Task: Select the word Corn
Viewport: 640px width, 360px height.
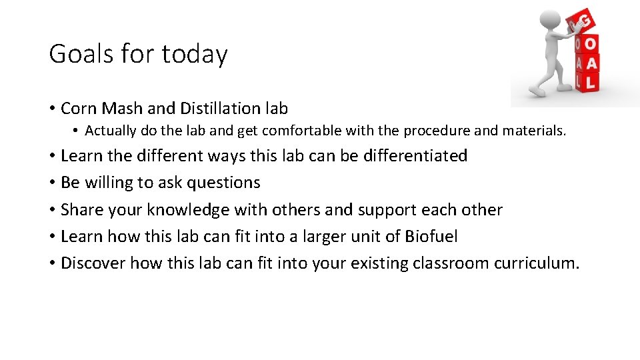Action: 79,108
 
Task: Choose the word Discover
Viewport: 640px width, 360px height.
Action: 93,263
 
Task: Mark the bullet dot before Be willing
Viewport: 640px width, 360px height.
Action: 52,183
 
